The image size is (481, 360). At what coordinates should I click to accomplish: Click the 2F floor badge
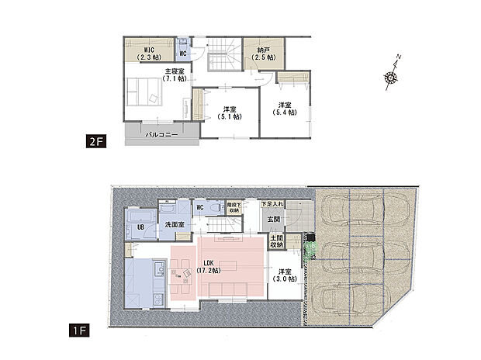click(93, 142)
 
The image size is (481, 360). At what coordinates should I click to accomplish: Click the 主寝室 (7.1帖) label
click(175, 74)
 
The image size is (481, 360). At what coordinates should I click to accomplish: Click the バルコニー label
click(161, 134)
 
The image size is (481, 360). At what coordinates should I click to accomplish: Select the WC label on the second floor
click(183, 54)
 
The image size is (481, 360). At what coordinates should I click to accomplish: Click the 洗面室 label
click(174, 225)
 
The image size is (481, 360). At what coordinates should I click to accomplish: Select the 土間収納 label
click(277, 242)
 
